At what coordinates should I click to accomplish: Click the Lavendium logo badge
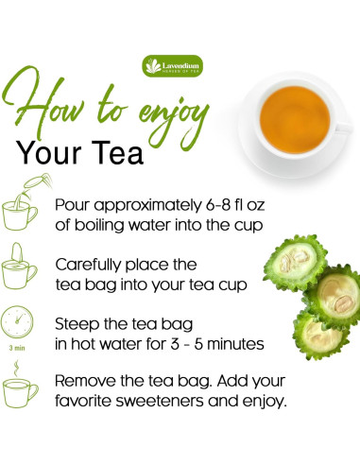click(173, 66)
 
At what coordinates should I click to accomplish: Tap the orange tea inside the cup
click(295, 120)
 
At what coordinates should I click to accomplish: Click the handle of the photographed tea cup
click(343, 128)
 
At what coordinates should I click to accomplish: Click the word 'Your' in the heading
click(49, 153)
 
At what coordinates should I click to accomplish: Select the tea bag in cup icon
click(20, 267)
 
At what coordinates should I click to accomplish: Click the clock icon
click(17, 322)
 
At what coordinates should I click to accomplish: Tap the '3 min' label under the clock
click(17, 348)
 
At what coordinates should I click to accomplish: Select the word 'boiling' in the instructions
click(99, 226)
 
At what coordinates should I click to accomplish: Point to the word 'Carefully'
click(88, 266)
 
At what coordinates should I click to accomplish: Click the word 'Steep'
click(77, 325)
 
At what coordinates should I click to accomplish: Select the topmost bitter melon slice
click(296, 263)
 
